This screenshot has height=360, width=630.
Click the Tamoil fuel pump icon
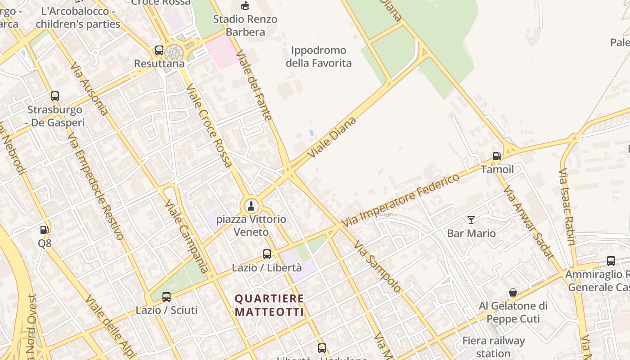click(497, 156)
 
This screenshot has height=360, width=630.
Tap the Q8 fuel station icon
click(45, 230)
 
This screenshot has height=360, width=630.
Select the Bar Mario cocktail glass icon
click(471, 220)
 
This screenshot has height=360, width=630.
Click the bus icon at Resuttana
click(159, 50)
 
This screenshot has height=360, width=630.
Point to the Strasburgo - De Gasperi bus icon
click(55, 96)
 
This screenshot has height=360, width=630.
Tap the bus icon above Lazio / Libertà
click(267, 254)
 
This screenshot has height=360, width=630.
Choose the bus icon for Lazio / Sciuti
click(166, 297)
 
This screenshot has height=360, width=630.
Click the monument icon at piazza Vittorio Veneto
click(251, 206)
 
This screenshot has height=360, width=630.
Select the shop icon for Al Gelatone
click(513, 293)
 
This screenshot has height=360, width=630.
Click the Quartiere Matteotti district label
click(270, 305)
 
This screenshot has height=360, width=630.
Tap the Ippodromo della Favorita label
click(319, 57)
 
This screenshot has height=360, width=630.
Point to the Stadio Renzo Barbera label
click(245, 26)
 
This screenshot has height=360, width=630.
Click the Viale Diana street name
click(333, 137)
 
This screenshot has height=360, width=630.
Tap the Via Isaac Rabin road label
click(567, 207)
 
